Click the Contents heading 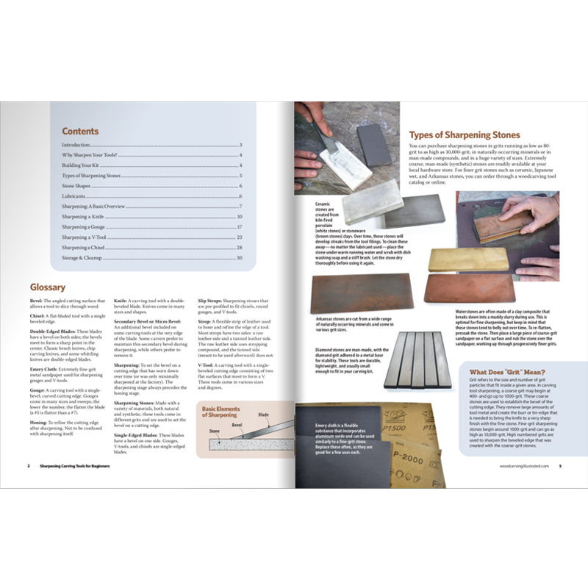tap(80, 132)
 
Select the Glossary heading tap(48, 287)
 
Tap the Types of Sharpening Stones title tap(464, 135)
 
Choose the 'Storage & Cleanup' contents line tap(85, 259)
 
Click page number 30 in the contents tap(239, 259)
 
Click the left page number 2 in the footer tap(28, 465)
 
